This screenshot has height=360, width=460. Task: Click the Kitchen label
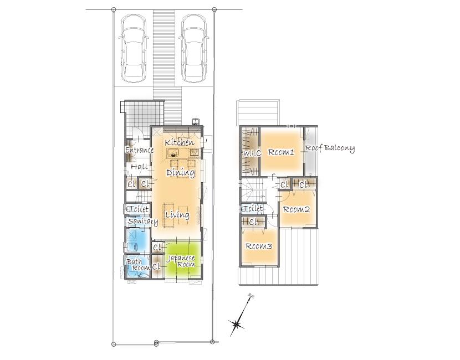[180, 142]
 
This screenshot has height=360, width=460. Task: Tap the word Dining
[181, 172]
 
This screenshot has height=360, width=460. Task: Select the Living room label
[177, 215]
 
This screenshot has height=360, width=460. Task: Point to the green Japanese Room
[182, 258]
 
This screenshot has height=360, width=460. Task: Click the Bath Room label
[137, 265]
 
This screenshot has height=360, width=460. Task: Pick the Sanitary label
[143, 222]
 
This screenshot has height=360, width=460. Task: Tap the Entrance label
[140, 150]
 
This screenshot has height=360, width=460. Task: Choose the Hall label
[139, 167]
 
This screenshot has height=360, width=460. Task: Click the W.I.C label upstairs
[252, 153]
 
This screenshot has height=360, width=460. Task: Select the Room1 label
[281, 152]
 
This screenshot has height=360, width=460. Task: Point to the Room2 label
[297, 209]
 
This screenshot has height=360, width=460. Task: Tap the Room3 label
[258, 246]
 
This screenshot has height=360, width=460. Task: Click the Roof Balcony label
[330, 148]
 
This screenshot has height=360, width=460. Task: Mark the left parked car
[134, 48]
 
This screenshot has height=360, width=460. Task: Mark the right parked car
[193, 48]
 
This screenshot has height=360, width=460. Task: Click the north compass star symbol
[236, 324]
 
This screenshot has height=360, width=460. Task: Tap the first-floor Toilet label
[138, 209]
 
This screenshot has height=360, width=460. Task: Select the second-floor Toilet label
[252, 209]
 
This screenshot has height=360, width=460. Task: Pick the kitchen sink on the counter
[173, 153]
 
